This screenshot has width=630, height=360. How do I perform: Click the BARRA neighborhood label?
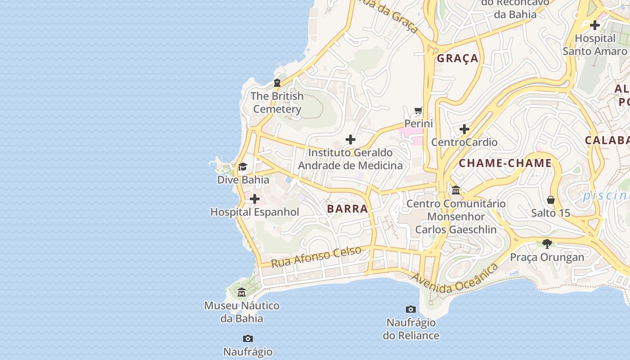tap(347, 209)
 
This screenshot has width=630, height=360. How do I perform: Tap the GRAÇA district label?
tap(457, 58)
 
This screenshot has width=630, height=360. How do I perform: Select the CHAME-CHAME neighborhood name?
tap(505, 163)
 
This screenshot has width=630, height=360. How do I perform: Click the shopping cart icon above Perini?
tap(418, 110)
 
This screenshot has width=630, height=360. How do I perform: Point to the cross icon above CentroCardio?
tap(464, 130)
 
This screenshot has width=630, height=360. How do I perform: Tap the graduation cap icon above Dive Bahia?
tap(243, 167)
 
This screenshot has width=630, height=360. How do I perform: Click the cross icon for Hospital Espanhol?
tap(255, 199)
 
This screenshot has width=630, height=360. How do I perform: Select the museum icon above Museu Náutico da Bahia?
tap(242, 292)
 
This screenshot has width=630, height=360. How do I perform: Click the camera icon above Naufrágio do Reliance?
tap(411, 309)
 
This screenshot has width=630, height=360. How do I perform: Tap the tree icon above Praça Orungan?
tap(547, 244)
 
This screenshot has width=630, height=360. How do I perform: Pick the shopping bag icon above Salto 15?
tap(551, 200)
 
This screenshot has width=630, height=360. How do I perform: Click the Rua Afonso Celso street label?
tap(316, 256)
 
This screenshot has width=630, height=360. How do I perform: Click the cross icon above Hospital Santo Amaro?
tap(595, 25)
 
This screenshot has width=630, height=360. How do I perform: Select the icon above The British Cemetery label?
tap(277, 83)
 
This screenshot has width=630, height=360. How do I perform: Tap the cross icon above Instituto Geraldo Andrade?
tap(351, 139)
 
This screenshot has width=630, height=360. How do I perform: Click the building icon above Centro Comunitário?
tap(456, 190)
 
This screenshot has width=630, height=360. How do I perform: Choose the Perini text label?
tap(418, 123)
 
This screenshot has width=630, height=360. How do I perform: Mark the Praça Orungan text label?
tap(547, 257)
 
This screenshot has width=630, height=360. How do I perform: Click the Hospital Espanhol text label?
tap(255, 212)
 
